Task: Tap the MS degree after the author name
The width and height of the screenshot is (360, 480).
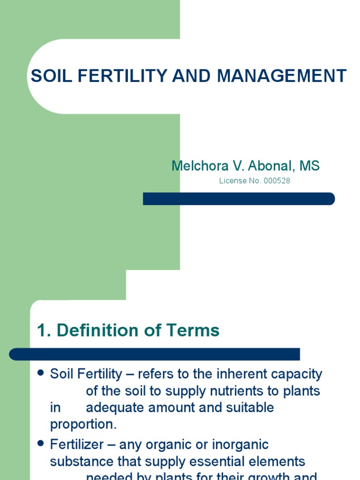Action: [x=310, y=165]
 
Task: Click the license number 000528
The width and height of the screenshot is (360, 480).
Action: [x=277, y=180]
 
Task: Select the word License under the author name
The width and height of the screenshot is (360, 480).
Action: [x=232, y=180]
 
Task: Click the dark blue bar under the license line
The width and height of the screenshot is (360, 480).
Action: [x=239, y=199]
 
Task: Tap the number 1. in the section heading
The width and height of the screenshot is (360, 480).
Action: [x=44, y=330]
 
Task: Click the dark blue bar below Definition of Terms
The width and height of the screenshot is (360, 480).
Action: [x=154, y=354]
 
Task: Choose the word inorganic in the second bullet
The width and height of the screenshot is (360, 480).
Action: [x=239, y=444]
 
